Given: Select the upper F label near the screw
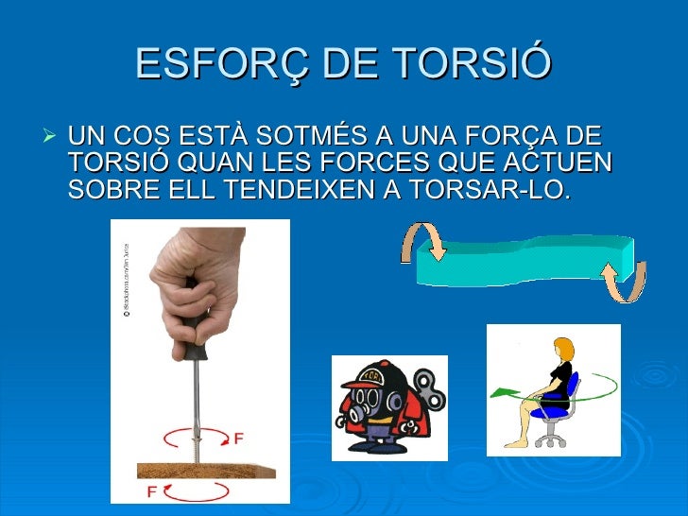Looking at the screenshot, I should point(239,438).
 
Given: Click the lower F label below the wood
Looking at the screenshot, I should point(151,492).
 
